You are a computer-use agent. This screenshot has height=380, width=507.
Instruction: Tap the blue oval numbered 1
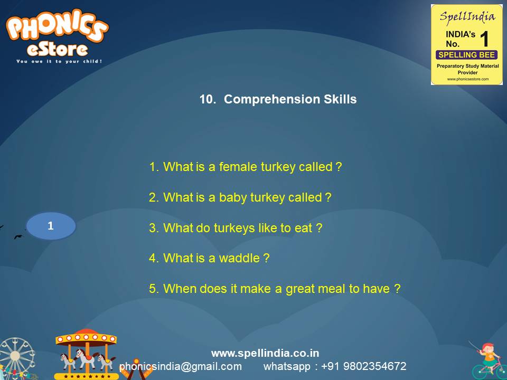[51, 226]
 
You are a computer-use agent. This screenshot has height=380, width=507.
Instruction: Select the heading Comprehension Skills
[290, 99]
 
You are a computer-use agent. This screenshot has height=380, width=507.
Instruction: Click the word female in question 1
[238, 167]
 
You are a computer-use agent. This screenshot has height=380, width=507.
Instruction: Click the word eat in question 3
[303, 228]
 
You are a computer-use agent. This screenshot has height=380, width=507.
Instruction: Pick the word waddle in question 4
[239, 258]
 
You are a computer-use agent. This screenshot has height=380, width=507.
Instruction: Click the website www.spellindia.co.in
[265, 353]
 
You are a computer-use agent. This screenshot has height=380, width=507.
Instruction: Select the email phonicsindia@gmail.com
[181, 366]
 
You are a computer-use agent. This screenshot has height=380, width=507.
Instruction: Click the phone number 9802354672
[375, 366]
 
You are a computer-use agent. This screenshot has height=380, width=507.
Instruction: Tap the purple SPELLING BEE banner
[466, 55]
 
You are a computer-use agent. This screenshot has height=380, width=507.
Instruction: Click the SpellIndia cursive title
[467, 16]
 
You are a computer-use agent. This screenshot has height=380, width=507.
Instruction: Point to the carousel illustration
[86, 354]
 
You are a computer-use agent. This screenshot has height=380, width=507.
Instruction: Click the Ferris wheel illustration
[16, 358]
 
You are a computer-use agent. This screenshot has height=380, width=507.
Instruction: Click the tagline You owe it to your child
[59, 61]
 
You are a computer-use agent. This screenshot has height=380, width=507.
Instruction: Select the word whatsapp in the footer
[287, 367]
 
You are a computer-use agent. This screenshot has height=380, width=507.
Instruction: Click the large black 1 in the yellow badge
[484, 39]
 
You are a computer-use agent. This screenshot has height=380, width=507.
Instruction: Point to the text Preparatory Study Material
[467, 66]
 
